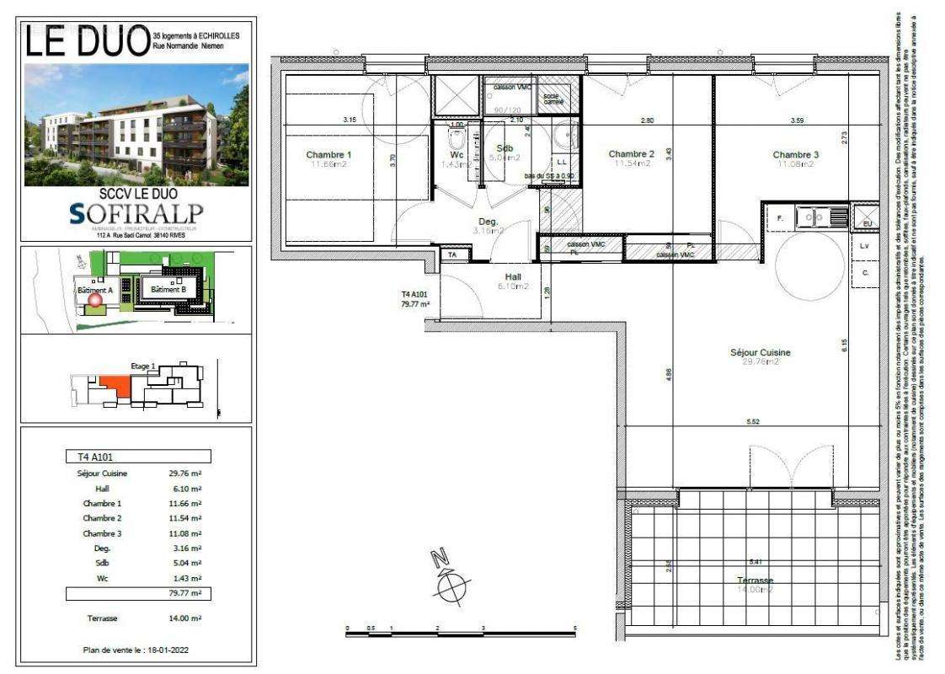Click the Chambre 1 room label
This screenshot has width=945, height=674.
point(328,154)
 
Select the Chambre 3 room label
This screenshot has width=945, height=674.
point(795,154)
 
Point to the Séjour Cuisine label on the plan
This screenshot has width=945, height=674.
point(760,352)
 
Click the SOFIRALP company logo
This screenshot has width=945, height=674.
point(136,214)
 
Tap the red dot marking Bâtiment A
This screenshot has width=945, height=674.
point(94,298)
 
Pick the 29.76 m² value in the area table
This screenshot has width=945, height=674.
point(184,473)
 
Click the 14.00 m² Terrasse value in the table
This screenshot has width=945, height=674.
point(184,618)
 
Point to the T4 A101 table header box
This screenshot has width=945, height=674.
point(138,457)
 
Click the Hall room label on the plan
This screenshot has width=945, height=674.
point(514,275)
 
